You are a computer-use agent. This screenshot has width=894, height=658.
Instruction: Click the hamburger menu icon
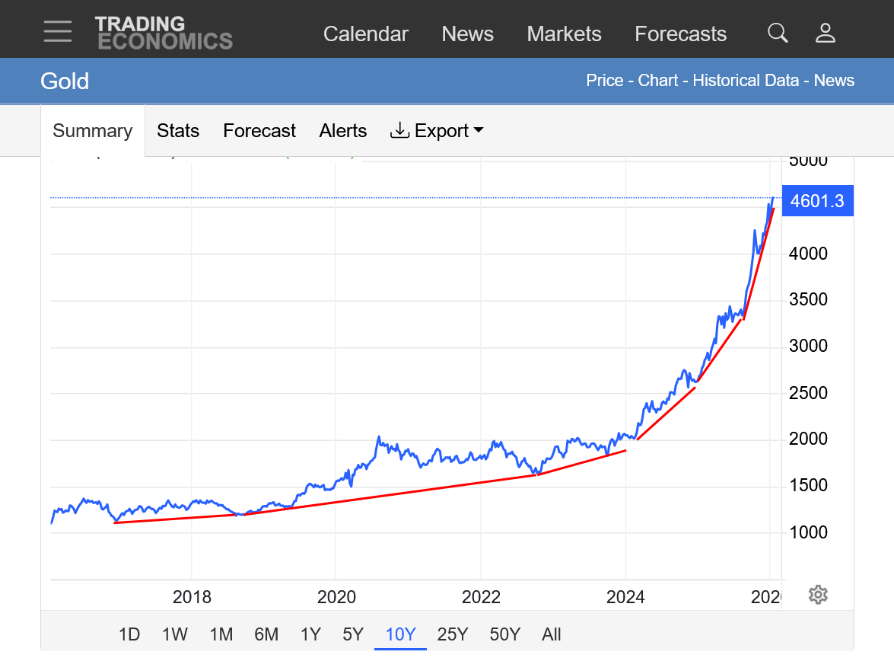point(58,31)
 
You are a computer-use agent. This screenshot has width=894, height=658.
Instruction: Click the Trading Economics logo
point(164,33)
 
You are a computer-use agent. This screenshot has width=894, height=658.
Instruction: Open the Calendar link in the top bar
point(365,34)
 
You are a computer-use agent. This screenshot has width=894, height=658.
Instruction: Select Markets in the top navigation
point(564,34)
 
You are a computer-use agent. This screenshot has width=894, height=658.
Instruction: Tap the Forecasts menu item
point(680,34)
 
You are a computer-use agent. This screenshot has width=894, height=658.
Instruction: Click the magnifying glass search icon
point(778,33)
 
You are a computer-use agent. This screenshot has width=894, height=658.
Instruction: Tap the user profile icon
point(826,33)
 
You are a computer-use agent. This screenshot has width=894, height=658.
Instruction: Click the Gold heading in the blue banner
point(65,81)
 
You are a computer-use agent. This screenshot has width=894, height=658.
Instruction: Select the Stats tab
point(178,131)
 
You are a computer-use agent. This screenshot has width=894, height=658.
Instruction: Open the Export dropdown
point(437,131)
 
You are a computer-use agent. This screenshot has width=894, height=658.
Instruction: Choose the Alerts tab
point(343,131)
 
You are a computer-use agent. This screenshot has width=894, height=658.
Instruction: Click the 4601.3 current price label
point(816,202)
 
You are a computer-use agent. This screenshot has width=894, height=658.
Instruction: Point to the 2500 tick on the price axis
point(807,393)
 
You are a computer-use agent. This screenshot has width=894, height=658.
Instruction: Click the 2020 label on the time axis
point(336,596)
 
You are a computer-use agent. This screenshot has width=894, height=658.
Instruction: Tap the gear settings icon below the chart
point(818,595)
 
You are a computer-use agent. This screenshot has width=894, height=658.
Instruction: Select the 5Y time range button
point(353,634)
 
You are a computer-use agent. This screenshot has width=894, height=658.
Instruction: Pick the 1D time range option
point(129,634)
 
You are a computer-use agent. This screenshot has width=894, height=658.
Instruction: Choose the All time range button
point(552,634)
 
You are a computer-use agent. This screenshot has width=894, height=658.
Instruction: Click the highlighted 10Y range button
point(400,634)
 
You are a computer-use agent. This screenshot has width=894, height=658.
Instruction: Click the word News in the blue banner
point(834,81)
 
